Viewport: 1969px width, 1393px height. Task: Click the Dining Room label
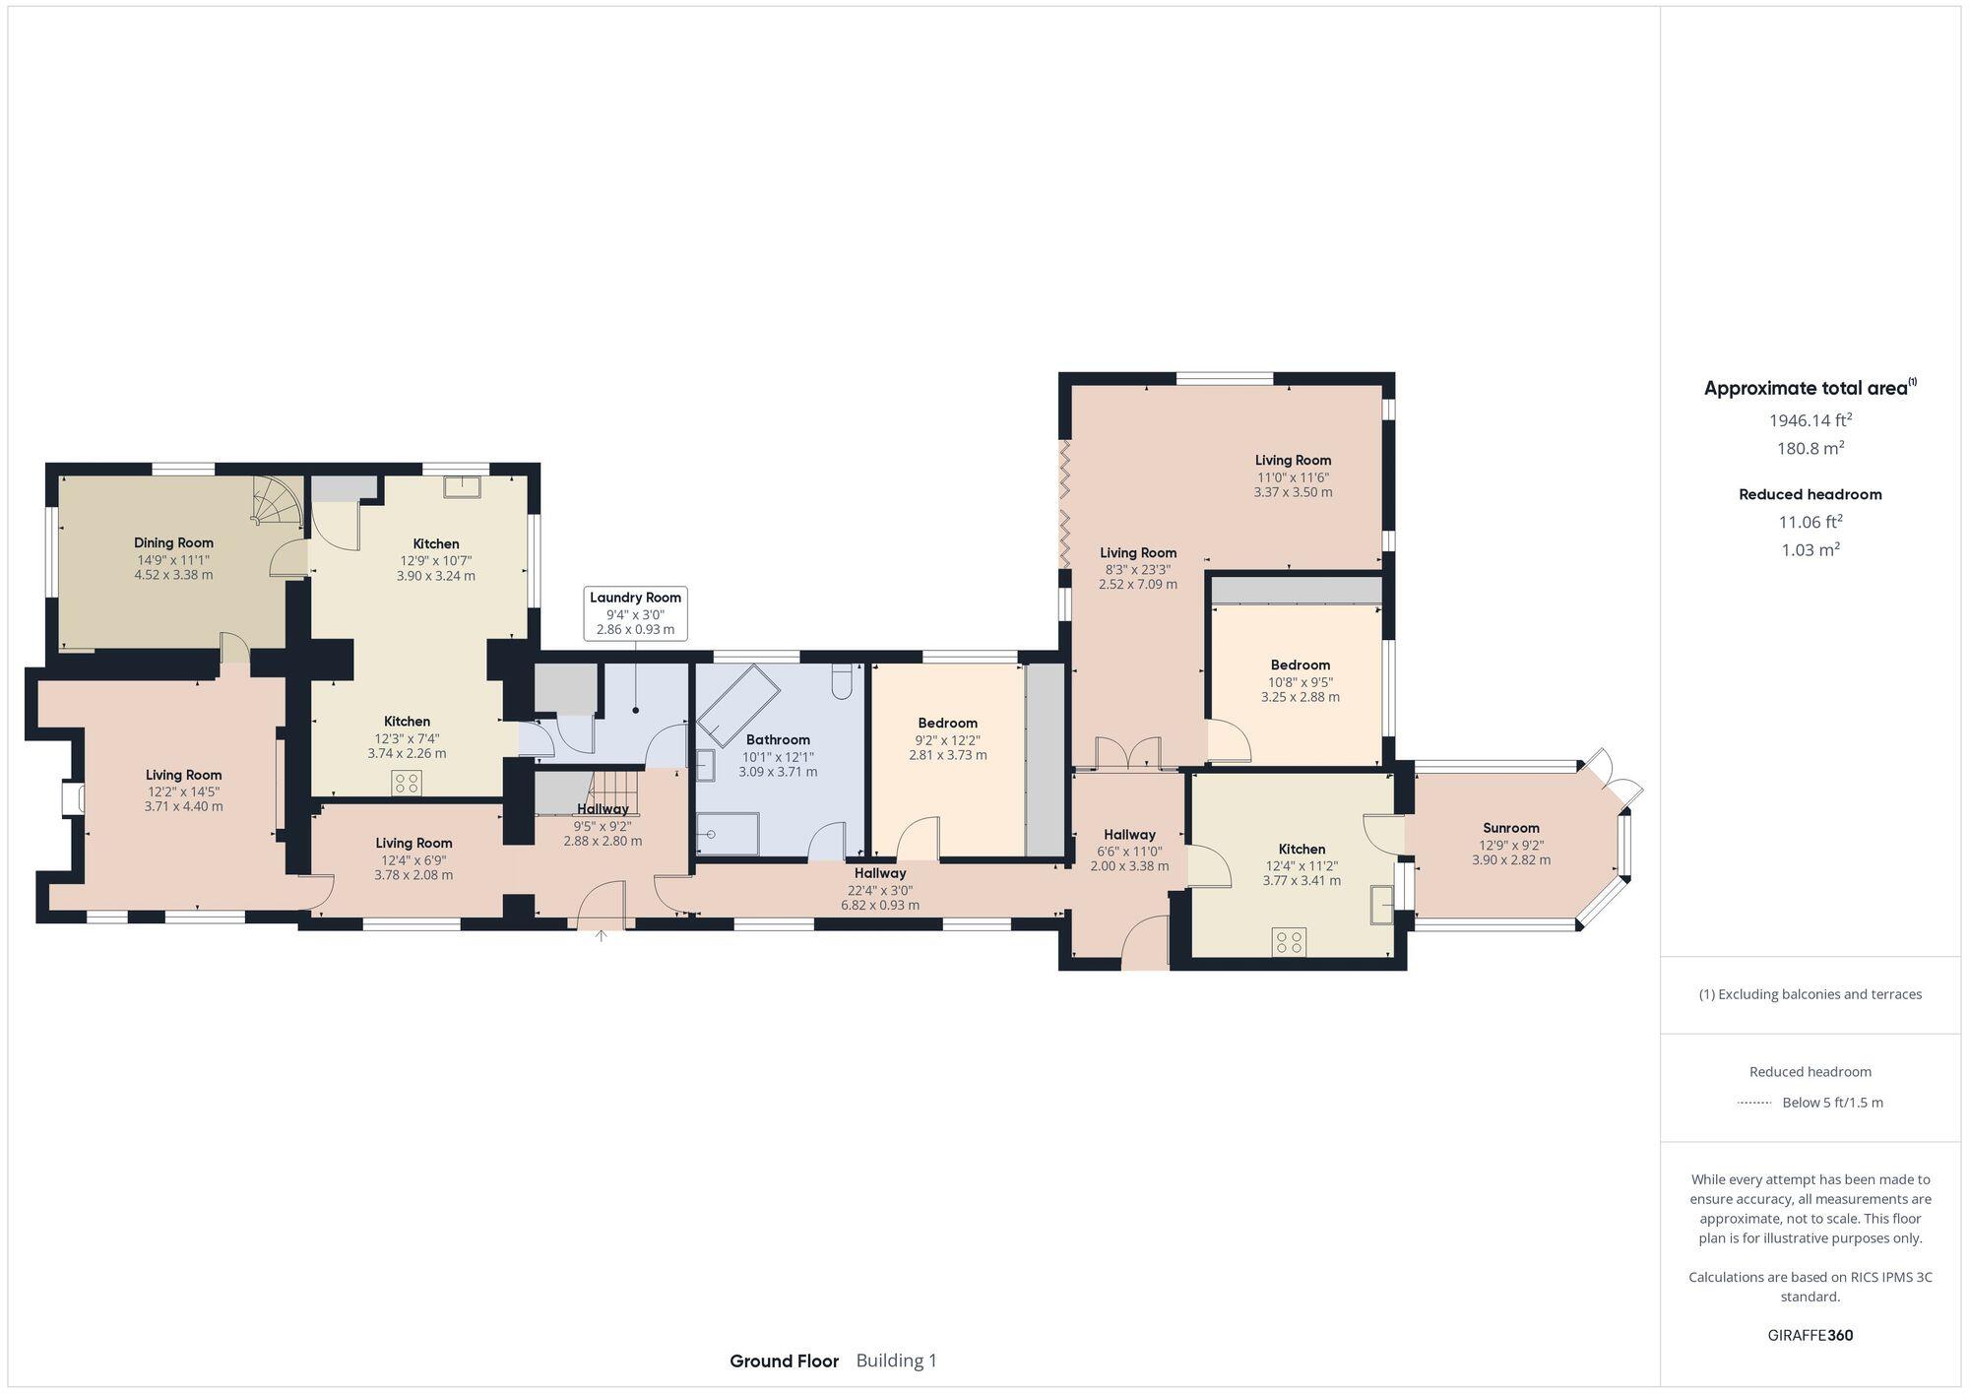tap(173, 542)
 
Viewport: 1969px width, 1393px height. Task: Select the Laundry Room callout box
tap(635, 613)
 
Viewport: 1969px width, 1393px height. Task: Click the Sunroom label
tap(1510, 828)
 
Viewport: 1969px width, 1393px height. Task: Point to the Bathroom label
tap(778, 739)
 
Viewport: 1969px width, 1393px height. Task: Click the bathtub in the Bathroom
tap(734, 703)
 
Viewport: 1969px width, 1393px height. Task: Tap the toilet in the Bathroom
tap(842, 682)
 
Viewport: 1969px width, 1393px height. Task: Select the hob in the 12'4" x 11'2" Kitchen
tap(1289, 941)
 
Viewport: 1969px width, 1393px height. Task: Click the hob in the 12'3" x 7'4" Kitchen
tap(407, 783)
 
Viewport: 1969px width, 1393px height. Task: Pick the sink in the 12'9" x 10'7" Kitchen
tap(461, 486)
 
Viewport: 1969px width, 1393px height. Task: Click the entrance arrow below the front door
tap(601, 935)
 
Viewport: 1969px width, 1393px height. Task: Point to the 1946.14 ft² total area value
tap(1810, 420)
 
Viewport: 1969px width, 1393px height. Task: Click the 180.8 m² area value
tap(1810, 448)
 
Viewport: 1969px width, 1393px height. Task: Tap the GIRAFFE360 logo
tap(1810, 1335)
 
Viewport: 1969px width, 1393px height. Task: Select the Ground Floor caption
tap(784, 1361)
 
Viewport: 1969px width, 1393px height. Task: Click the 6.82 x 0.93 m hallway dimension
tap(879, 905)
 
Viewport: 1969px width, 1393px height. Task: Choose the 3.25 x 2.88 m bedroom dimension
tap(1300, 697)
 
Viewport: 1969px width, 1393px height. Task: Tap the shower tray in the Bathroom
tap(729, 834)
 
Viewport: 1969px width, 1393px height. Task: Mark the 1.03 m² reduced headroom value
tap(1810, 550)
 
